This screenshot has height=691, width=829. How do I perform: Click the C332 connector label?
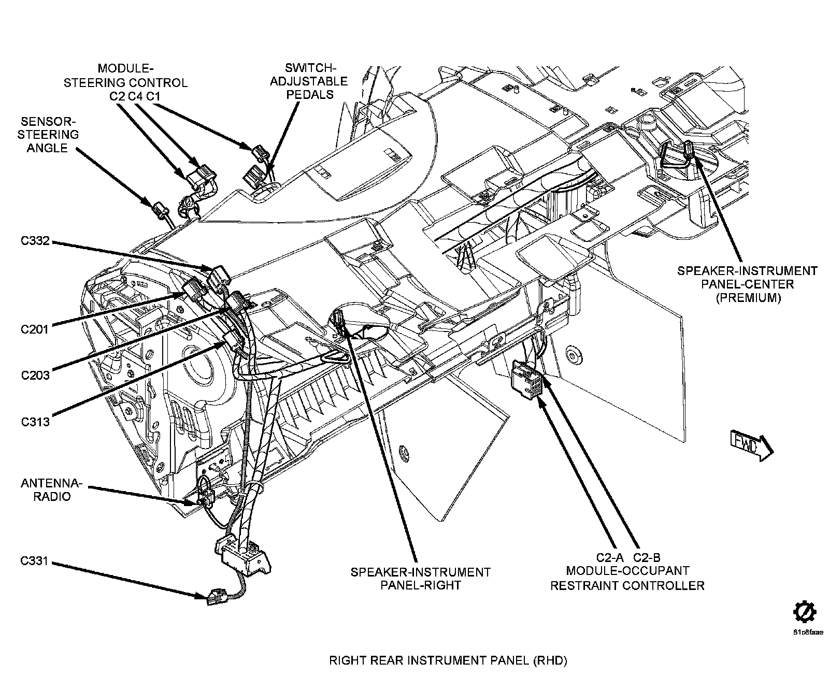35,241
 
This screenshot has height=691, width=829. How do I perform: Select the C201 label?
35,329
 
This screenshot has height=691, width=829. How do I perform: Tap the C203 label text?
35,375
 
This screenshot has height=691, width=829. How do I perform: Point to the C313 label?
35,422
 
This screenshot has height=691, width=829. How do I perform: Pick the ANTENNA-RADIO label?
51,490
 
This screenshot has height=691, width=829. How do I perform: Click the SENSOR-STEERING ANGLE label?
47,135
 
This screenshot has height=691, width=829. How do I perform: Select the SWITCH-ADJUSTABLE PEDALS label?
309,81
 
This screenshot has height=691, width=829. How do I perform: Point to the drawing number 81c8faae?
807,632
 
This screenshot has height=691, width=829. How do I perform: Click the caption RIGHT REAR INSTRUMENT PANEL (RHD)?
449,660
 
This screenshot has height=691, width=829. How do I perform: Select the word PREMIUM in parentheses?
748,298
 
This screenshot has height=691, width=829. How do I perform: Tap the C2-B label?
647,558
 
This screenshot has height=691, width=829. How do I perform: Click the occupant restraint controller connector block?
526,378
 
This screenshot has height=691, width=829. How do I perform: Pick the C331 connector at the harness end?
215,597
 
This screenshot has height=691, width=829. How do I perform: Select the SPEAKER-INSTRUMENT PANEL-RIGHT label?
420,579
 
